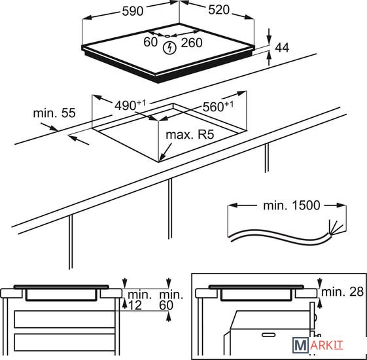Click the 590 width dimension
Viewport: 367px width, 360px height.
pos(133,11)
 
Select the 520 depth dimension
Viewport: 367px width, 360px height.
pos(219,10)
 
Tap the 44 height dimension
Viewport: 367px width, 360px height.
pos(282,48)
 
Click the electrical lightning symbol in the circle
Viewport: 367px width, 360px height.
pos(169,48)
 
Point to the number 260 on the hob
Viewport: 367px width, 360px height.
pos(192,43)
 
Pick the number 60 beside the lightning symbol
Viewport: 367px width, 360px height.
pos(150,42)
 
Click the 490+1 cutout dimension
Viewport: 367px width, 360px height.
pos(130,105)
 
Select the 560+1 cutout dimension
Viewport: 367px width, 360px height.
pos(218,106)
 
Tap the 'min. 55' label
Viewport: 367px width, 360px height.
pos(54,113)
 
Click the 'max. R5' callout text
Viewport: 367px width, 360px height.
pos(190,135)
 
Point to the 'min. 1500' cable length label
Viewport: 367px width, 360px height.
pos(291,206)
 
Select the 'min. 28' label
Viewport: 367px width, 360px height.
pos(343,292)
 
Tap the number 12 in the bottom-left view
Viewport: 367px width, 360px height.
pos(135,305)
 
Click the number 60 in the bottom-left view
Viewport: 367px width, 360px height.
pos(166,305)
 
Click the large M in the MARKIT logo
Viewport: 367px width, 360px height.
pos(300,345)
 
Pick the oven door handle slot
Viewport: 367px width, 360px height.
pos(268,335)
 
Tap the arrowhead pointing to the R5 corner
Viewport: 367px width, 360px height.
pos(162,158)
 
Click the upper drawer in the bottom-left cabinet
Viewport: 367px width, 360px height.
pos(64,319)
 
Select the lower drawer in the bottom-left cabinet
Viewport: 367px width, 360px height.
pos(64,342)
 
